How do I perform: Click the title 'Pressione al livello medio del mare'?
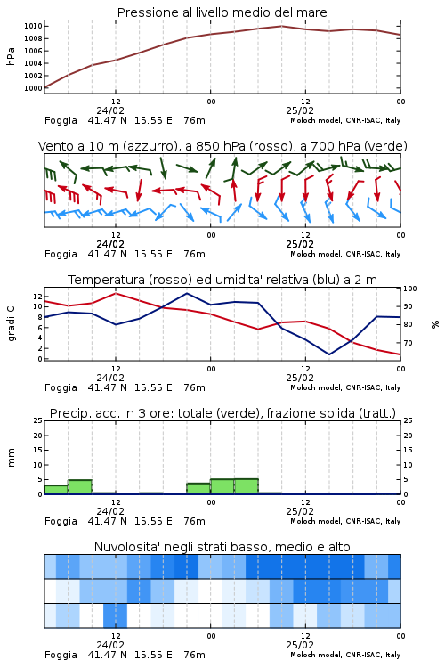222,12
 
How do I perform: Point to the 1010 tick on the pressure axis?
33,26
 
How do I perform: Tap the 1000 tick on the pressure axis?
33,88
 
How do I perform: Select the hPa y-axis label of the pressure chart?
11,56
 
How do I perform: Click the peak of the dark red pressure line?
281,26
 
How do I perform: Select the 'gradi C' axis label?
11,323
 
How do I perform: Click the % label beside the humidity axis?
435,324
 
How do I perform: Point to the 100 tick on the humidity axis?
410,289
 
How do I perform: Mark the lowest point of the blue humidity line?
329,354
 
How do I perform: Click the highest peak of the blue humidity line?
187,293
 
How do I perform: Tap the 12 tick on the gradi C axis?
37,296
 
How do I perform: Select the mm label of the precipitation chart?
11,458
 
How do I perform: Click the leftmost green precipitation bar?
56,490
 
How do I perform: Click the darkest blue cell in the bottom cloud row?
115,615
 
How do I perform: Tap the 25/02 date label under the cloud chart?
300,645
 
